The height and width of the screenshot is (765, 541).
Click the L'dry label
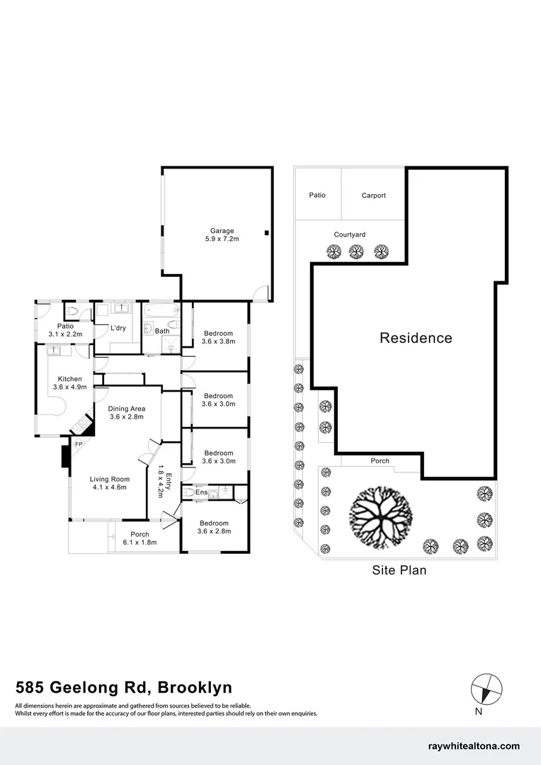click(119, 327)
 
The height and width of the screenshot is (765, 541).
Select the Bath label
click(162, 331)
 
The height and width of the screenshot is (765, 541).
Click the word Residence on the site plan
click(416, 338)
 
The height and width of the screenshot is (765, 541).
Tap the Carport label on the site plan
click(373, 195)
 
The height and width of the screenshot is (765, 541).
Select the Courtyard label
click(350, 234)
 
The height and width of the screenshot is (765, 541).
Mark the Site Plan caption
click(399, 569)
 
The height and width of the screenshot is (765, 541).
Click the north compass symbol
click(487, 688)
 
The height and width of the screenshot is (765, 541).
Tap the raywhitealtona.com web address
click(474, 746)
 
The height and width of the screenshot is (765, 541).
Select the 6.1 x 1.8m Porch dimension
click(139, 542)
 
